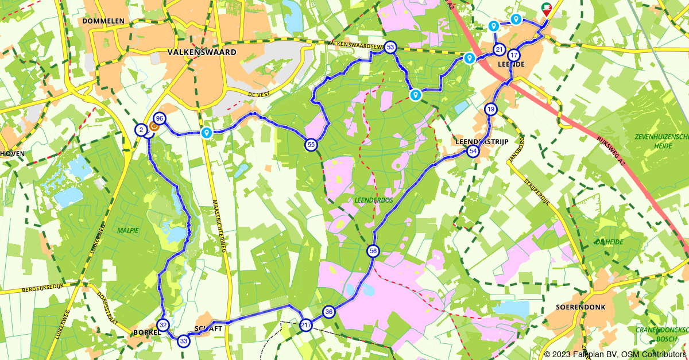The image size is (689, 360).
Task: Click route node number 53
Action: [390, 47]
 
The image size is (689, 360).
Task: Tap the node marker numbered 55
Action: [311, 145]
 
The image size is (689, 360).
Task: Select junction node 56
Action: [373, 251]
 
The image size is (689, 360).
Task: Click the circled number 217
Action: [306, 325]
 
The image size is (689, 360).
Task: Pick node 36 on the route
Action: [328, 312]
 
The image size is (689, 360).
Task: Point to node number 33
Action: [183, 341]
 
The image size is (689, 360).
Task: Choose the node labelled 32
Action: [164, 325]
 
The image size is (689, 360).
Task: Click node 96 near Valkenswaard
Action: [160, 118]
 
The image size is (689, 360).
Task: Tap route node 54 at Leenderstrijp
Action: [473, 151]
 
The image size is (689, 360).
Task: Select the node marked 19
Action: [490, 109]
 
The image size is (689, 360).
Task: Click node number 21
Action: [499, 49]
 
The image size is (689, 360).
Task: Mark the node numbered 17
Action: [514, 56]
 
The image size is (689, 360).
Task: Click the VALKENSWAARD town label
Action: [201, 52]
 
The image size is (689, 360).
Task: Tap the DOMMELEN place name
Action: [103, 21]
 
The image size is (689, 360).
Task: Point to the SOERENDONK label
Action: [580, 307]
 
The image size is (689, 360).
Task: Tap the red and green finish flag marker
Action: [547, 9]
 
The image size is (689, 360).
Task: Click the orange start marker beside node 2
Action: [153, 126]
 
